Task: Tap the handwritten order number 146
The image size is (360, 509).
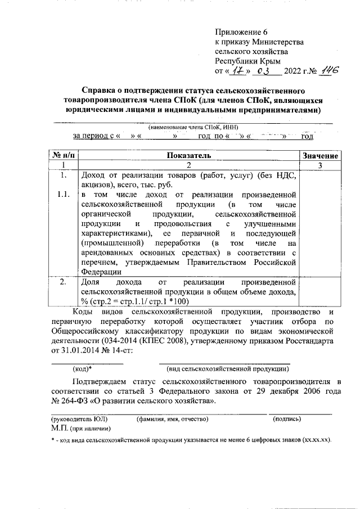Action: pyautogui.click(x=327, y=70)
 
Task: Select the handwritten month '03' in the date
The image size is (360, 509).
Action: pyautogui.click(x=263, y=71)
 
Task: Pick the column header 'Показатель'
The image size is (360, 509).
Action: pyautogui.click(x=188, y=155)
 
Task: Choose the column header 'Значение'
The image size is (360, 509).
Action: pyautogui.click(x=319, y=156)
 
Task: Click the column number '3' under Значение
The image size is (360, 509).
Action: pyautogui.click(x=319, y=165)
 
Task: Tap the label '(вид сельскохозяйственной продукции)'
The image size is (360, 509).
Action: pyautogui.click(x=228, y=369)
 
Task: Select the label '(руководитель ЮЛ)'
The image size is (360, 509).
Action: pyautogui.click(x=79, y=419)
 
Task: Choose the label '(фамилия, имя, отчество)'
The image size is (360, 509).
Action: pyautogui.click(x=172, y=419)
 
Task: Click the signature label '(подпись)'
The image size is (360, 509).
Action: pyautogui.click(x=286, y=419)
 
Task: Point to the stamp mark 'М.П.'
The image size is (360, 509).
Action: pyautogui.click(x=59, y=428)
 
